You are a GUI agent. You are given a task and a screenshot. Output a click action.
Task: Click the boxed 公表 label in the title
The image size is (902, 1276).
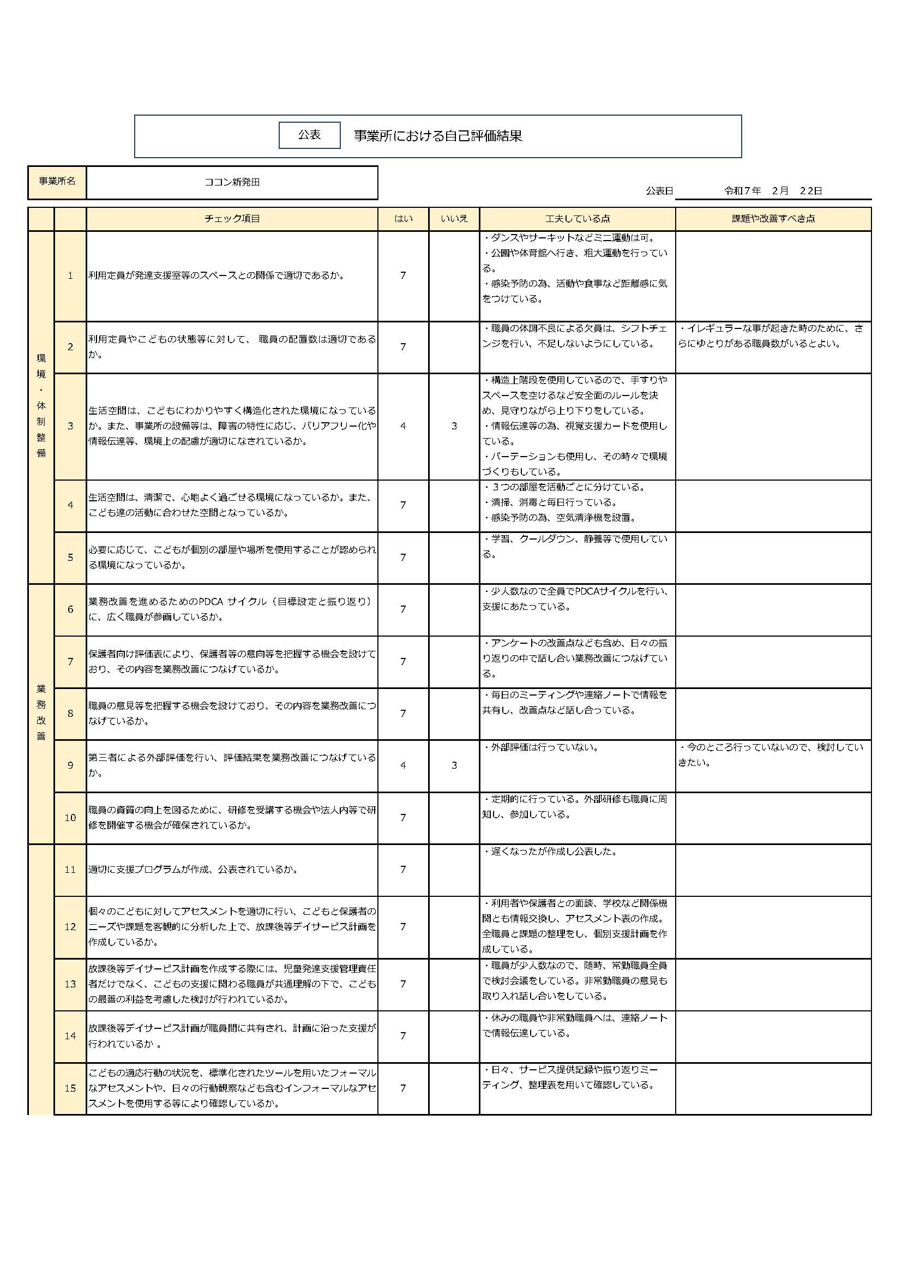[309, 135]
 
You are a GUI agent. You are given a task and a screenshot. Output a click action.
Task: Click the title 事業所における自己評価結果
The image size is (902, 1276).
[438, 136]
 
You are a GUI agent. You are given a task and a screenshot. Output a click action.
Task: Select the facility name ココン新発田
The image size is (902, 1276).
[232, 182]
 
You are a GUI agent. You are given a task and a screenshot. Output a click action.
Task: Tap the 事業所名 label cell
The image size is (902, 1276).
[57, 182]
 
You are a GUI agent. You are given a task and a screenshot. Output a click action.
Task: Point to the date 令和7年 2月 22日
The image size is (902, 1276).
[773, 190]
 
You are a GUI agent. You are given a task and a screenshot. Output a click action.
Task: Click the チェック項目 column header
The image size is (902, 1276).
[232, 219]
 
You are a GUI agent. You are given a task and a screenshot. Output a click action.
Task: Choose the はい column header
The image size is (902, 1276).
[403, 219]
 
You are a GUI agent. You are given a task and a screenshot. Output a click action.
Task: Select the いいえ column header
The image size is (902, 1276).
[454, 219]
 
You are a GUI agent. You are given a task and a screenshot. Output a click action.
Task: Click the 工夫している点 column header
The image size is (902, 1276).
[577, 219]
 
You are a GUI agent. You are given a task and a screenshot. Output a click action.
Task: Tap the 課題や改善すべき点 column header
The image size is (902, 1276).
[773, 219]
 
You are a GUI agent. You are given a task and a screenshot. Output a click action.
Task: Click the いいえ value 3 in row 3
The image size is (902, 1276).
[454, 426]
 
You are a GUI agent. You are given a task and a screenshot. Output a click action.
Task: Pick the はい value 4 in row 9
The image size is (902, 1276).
[403, 765]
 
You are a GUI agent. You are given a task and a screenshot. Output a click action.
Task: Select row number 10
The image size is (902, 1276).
[70, 818]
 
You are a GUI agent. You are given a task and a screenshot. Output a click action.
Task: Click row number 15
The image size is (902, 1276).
[70, 1088]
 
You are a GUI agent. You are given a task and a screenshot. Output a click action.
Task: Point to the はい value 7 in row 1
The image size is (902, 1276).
[403, 275]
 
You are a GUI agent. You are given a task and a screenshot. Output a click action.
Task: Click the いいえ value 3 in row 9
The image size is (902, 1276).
[454, 765]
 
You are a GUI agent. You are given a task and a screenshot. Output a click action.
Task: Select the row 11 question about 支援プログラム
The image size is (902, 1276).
[193, 870]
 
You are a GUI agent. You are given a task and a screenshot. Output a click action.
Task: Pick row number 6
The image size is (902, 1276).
[70, 610]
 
